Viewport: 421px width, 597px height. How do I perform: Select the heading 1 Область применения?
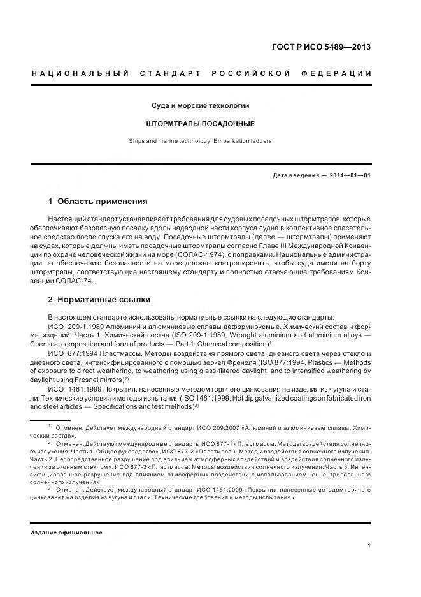pos(97,202)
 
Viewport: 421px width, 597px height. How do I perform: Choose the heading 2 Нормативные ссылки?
pos(99,299)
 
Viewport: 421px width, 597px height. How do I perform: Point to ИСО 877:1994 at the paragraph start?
pos(73,353)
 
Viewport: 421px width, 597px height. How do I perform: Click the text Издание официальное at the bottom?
pos(66,532)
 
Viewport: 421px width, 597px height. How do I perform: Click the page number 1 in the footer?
pos(369,545)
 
